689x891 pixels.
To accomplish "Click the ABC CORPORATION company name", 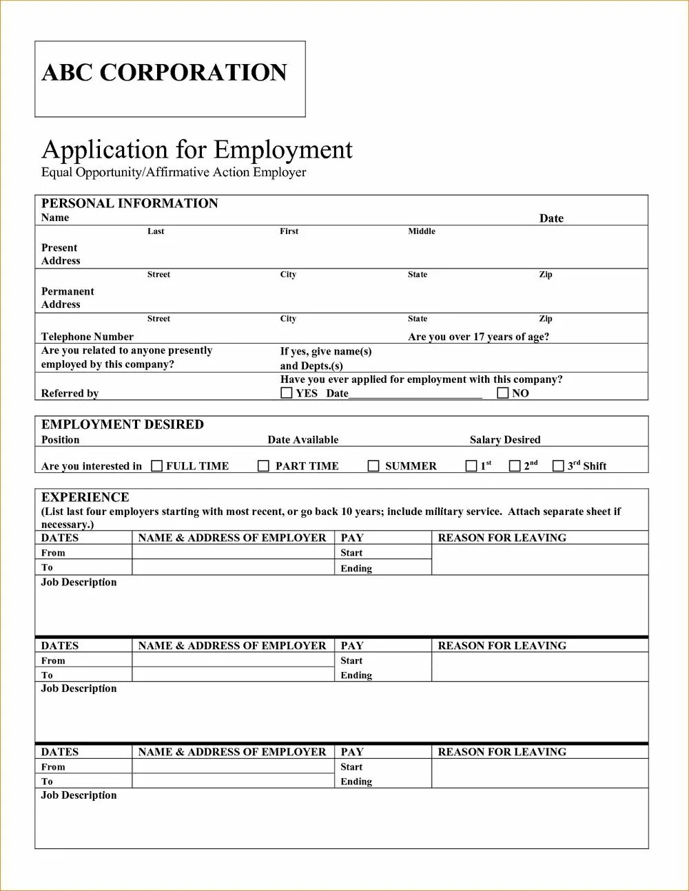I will pyautogui.click(x=164, y=73).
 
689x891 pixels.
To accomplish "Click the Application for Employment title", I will pyautogui.click(x=197, y=149).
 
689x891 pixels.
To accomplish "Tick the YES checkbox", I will pyautogui.click(x=287, y=393).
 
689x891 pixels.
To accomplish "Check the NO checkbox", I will pyautogui.click(x=503, y=393).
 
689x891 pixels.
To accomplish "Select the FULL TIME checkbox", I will pyautogui.click(x=157, y=466).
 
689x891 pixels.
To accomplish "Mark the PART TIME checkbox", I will pyautogui.click(x=263, y=466).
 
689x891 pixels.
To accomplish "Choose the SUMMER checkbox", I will pyautogui.click(x=373, y=466).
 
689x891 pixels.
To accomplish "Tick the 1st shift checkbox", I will pyautogui.click(x=471, y=466).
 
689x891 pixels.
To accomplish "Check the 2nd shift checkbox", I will pyautogui.click(x=515, y=466).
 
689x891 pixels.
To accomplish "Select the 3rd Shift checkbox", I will pyautogui.click(x=558, y=466).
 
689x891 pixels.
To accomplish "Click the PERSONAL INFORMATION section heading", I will pyautogui.click(x=130, y=203).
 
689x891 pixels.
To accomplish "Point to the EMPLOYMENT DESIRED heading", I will pyautogui.click(x=123, y=424).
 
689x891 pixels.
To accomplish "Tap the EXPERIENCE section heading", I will pyautogui.click(x=85, y=497).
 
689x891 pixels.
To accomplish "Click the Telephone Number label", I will pyautogui.click(x=88, y=337).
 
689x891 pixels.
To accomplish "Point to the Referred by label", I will pyautogui.click(x=70, y=394).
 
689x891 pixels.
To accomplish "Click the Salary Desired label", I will pyautogui.click(x=505, y=440).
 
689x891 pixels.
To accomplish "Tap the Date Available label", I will pyautogui.click(x=303, y=440).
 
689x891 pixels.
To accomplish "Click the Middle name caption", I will pyautogui.click(x=422, y=231).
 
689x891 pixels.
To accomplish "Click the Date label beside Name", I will pyautogui.click(x=551, y=218).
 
